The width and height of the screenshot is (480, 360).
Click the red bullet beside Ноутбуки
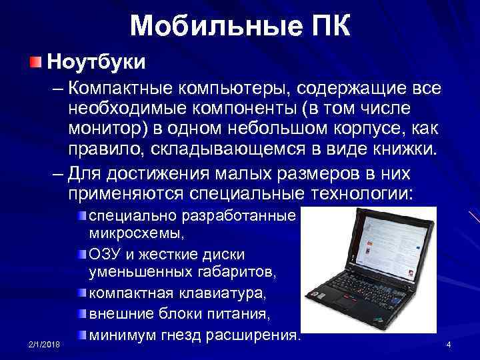pyautogui.click(x=35, y=62)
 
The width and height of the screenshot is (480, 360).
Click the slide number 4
pyautogui.click(x=449, y=344)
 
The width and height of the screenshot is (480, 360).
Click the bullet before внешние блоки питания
pyautogui.click(x=81, y=313)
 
